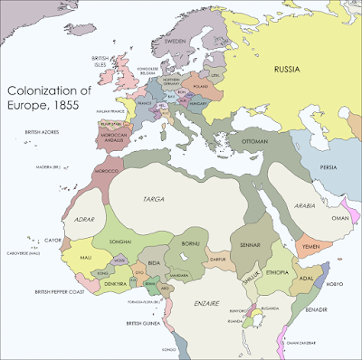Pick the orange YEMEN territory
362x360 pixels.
pyautogui.click(x=310, y=243)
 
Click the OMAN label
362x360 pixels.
pyautogui.click(x=338, y=218)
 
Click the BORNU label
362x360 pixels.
pyautogui.click(x=188, y=242)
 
